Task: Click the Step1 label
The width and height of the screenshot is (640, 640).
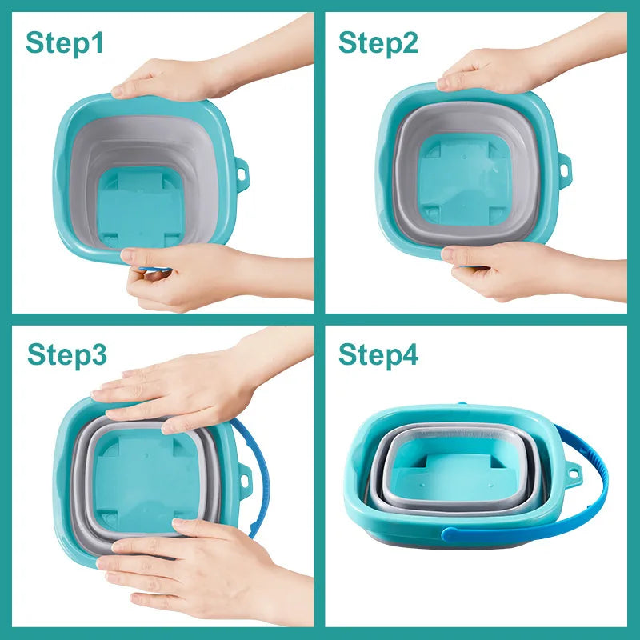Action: click(x=65, y=43)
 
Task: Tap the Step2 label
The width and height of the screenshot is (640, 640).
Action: click(x=378, y=43)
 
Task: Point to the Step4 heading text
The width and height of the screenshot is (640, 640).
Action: click(x=378, y=354)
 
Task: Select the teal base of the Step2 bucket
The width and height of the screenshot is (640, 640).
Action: click(x=464, y=184)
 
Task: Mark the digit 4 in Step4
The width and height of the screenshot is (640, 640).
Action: click(x=408, y=354)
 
